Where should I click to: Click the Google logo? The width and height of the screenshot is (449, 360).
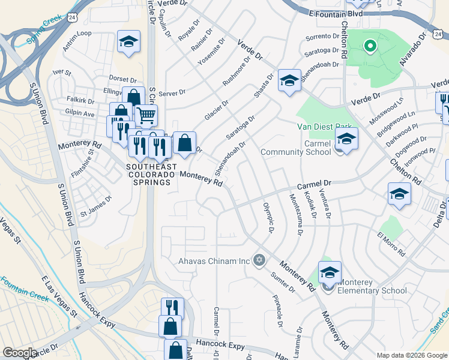tap(20, 353)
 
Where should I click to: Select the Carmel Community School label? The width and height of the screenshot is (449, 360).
tap(295, 147)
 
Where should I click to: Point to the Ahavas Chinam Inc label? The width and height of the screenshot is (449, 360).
tap(214, 261)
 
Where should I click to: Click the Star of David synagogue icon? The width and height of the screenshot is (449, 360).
tap(259, 260)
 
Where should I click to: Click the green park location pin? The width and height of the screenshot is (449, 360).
tap(370, 45)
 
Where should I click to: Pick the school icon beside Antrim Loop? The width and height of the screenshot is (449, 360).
tap(128, 41)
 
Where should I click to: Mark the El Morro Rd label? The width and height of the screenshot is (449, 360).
tap(391, 244)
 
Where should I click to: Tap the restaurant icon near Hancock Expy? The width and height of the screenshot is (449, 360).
tap(172, 307)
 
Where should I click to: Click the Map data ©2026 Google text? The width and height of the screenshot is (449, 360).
tap(411, 355)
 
